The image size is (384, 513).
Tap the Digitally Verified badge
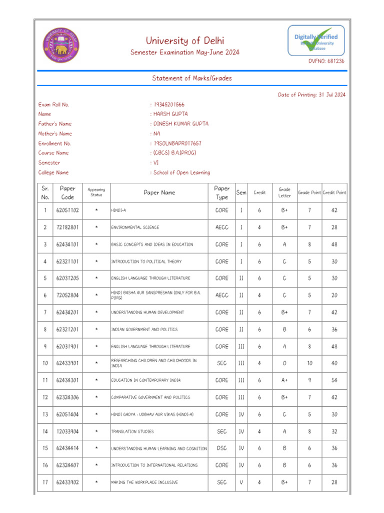(315, 41)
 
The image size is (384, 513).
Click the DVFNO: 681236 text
(325, 61)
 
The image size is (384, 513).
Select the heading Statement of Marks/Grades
(191, 78)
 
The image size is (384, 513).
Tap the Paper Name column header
(159, 192)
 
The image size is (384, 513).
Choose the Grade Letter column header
(284, 192)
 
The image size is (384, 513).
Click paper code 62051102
(67, 210)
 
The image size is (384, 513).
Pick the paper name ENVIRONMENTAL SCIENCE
(135, 227)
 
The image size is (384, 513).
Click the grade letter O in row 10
(284, 363)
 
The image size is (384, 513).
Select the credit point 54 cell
(334, 380)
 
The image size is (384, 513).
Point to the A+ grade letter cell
(284, 380)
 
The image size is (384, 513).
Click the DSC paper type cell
(221, 448)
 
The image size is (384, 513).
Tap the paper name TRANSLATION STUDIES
(132, 431)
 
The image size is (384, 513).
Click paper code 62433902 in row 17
(67, 482)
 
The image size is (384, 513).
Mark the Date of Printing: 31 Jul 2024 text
(311, 95)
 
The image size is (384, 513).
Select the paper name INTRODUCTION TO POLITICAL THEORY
(146, 262)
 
